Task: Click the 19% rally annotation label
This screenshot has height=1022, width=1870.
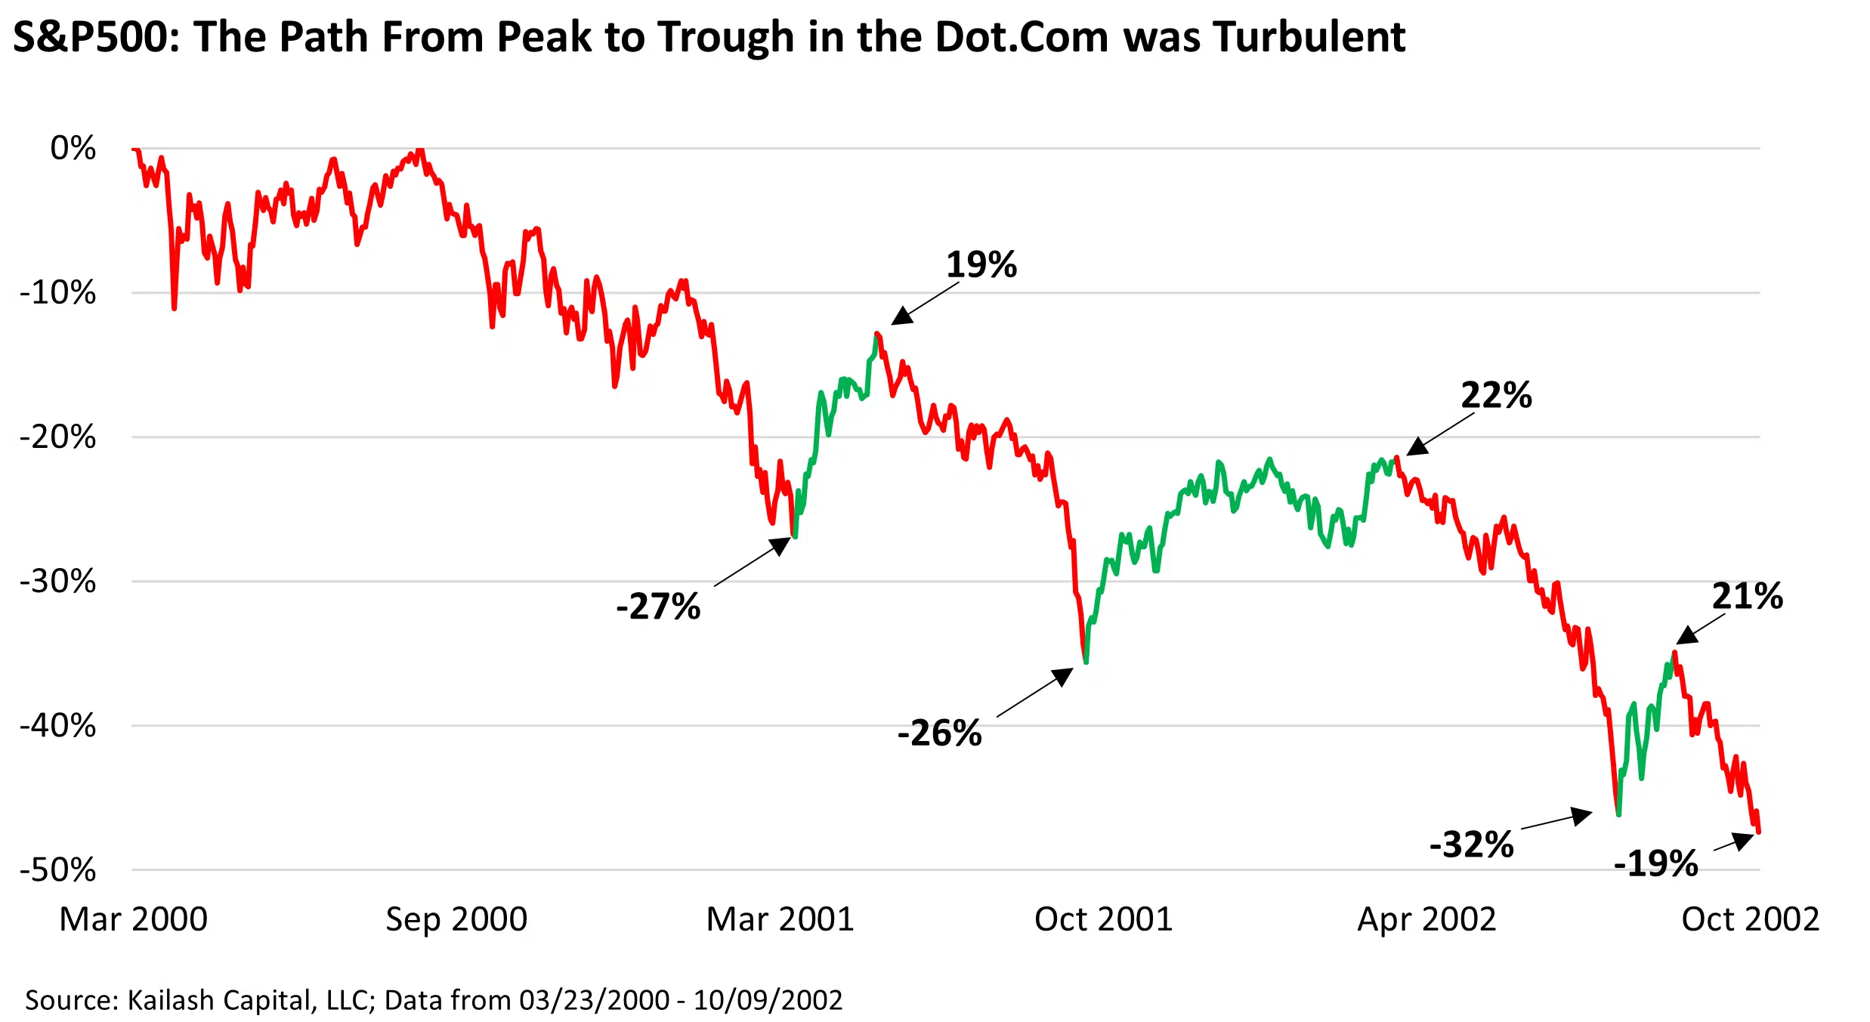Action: pyautogui.click(x=981, y=265)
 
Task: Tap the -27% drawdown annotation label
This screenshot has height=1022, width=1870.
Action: pyautogui.click(x=658, y=607)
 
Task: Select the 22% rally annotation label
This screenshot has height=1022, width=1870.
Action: pyautogui.click(x=1496, y=396)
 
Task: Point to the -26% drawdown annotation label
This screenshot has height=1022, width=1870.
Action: pyautogui.click(x=939, y=733)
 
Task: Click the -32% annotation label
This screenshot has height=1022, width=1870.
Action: pyautogui.click(x=1471, y=844)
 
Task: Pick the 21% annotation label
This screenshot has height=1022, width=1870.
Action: pyautogui.click(x=1747, y=597)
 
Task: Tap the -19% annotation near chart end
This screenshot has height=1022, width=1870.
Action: pyautogui.click(x=1655, y=863)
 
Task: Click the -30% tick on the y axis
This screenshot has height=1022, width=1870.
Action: pyautogui.click(x=58, y=582)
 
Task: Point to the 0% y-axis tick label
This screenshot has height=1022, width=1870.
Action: pyautogui.click(x=73, y=148)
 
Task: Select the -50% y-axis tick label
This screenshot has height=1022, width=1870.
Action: pyautogui.click(x=58, y=870)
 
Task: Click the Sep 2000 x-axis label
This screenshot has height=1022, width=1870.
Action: pyautogui.click(x=456, y=919)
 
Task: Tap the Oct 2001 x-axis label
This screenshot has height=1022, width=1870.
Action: pyautogui.click(x=1103, y=919)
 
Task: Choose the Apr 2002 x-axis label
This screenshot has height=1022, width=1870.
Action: pyautogui.click(x=1426, y=919)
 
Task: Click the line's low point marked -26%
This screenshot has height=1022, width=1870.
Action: pyautogui.click(x=1086, y=662)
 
